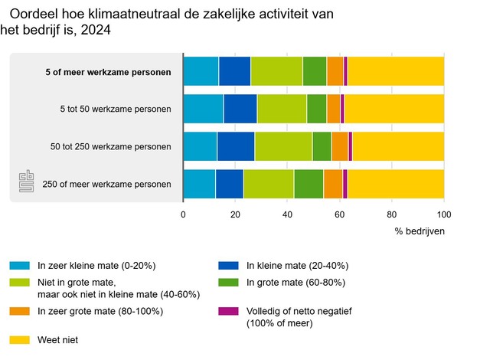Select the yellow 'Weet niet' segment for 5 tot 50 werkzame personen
394,109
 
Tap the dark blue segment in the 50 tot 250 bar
236,146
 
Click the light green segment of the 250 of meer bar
269,184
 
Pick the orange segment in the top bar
335,71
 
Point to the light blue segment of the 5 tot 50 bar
203,109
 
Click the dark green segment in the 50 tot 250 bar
322,146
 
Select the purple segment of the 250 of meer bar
345,184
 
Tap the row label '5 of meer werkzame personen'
117,73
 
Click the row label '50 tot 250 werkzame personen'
116,146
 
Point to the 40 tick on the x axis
287,214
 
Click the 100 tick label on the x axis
443,214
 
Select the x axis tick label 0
183,214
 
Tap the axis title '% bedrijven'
420,231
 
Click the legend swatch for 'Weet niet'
20,339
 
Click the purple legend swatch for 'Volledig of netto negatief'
229,311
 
